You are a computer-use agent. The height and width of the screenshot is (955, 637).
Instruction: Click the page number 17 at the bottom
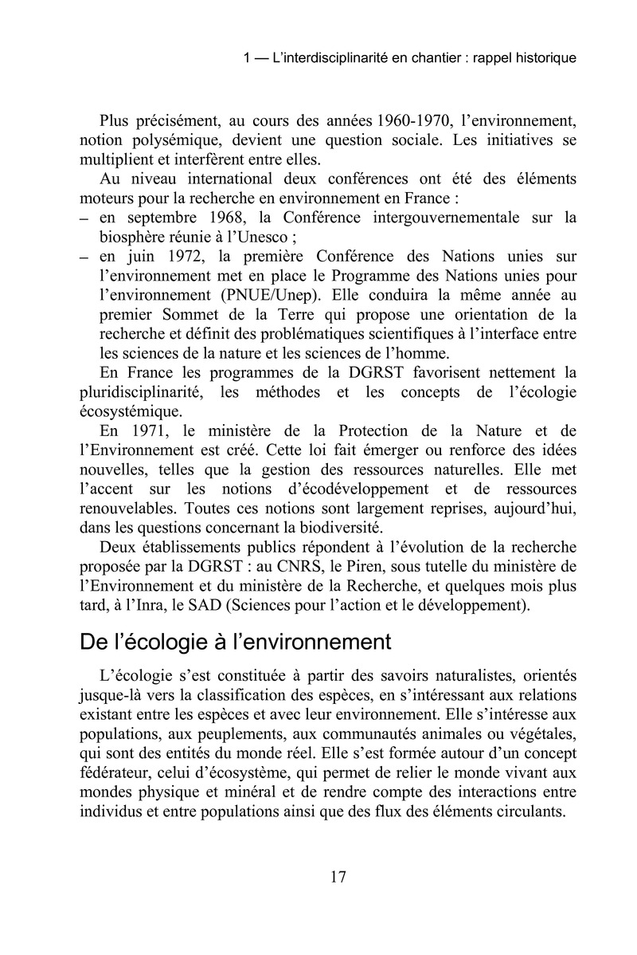pyautogui.click(x=337, y=877)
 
